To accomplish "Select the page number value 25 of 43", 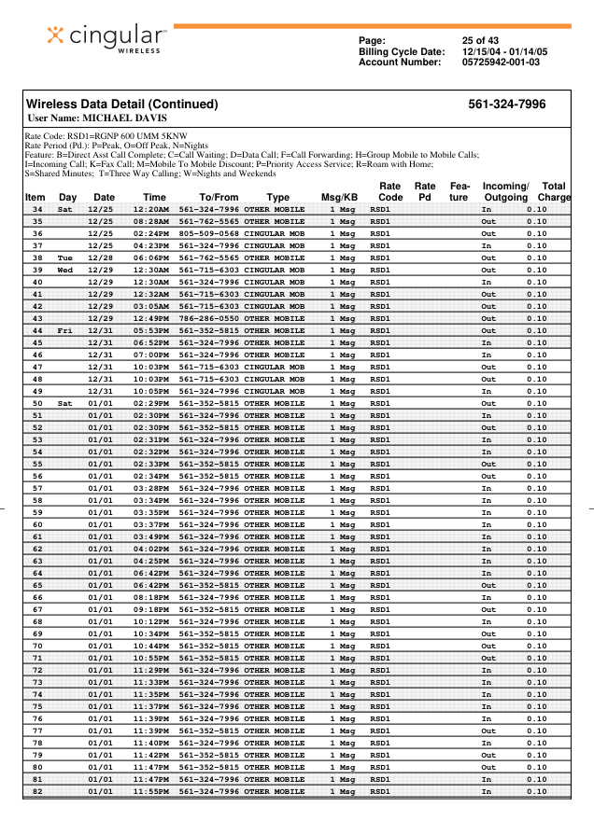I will click(483, 40).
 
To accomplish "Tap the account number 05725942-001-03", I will click(502, 63).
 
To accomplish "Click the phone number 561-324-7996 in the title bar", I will click(507, 104).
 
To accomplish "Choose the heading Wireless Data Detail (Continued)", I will click(121, 104).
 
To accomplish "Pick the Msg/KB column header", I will click(339, 198).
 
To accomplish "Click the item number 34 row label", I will click(37, 209).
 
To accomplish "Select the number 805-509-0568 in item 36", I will click(208, 233).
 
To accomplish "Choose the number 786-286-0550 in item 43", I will click(208, 318).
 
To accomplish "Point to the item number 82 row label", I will click(37, 791).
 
